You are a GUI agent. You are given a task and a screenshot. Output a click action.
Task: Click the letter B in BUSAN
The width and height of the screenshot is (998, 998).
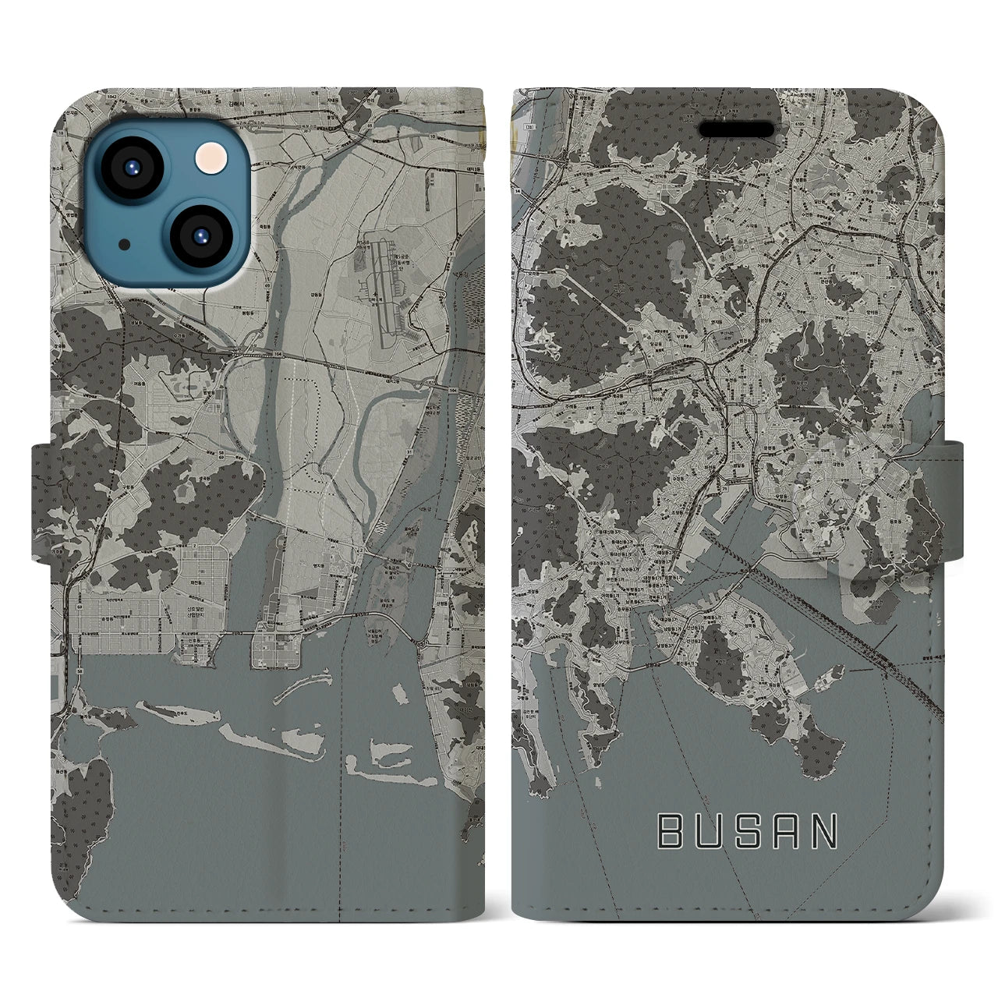670,832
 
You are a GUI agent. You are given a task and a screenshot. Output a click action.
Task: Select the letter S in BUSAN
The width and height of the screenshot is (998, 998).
747,832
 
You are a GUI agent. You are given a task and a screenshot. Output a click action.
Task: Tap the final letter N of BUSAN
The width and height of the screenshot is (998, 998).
823,832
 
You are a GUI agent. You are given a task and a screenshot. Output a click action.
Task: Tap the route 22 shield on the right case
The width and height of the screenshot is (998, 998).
649,373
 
